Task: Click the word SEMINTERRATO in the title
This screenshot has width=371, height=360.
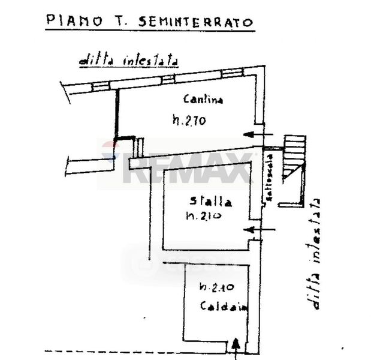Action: [x=196, y=22]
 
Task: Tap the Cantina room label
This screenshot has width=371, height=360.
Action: [x=203, y=100]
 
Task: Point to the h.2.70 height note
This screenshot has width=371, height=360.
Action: [x=189, y=121]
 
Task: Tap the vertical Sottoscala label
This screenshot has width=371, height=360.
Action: [x=270, y=178]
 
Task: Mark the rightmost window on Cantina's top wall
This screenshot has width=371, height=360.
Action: [x=231, y=73]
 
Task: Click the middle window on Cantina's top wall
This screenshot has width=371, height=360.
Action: [x=168, y=79]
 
